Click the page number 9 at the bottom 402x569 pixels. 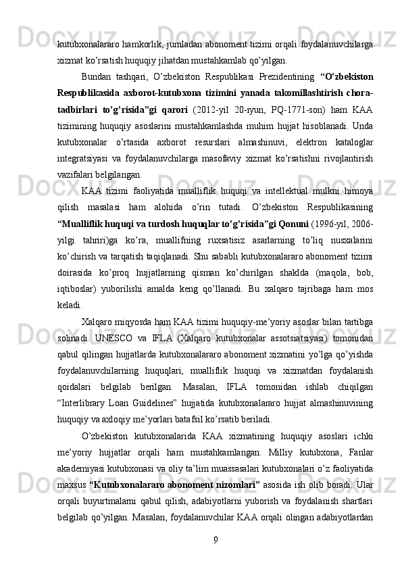coord(214,539)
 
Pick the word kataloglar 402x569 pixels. coord(351,143)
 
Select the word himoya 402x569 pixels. coord(359,191)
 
